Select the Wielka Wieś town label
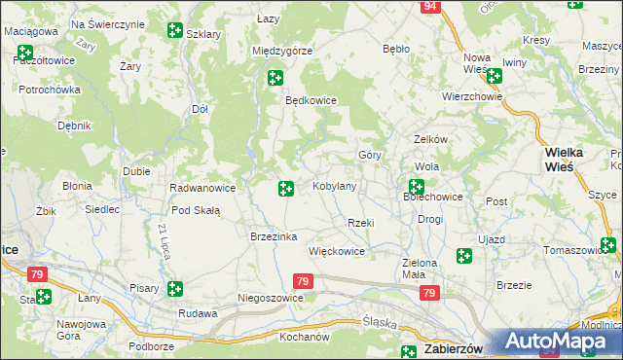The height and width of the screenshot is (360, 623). [x=564, y=159]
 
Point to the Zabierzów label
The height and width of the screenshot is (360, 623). [x=457, y=350]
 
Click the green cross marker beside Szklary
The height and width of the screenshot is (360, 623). [x=174, y=31]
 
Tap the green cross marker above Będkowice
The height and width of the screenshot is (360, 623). [x=275, y=78]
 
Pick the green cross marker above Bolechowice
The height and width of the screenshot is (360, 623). [x=417, y=186]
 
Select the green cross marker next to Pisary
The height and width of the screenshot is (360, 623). [x=174, y=288]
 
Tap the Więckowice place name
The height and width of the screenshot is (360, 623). [x=336, y=251]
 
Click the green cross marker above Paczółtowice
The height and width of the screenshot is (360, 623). [x=25, y=53]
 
